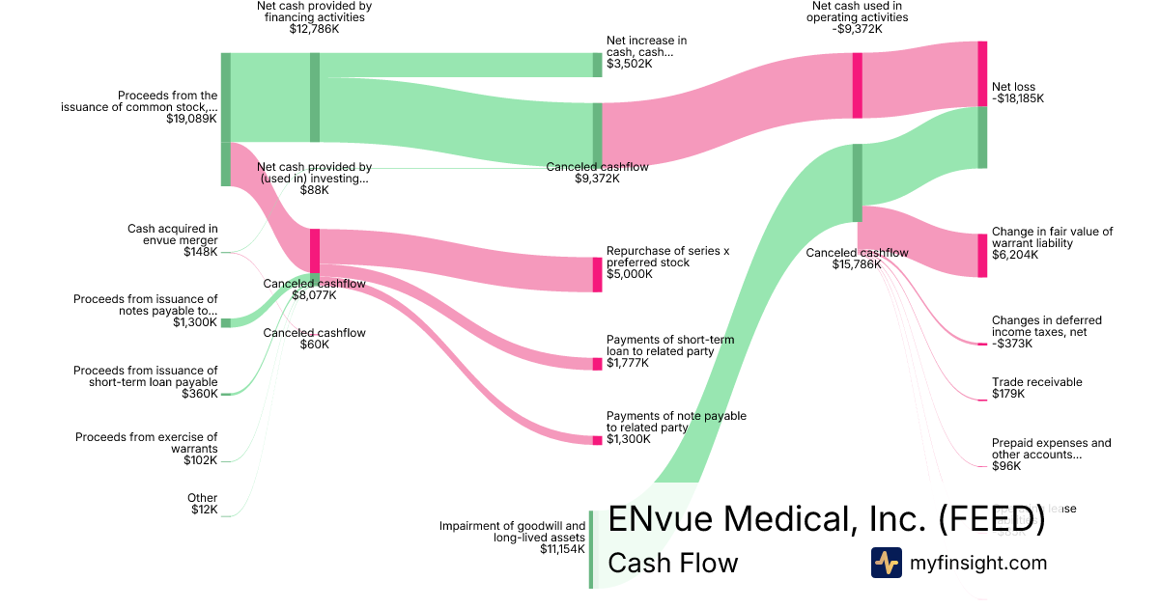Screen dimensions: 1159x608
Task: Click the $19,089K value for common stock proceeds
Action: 191,120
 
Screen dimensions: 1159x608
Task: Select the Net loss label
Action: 1013,87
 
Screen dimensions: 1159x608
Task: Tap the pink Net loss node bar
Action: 982,73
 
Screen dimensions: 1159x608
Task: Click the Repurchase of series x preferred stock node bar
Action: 597,274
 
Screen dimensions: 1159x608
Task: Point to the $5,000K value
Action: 629,274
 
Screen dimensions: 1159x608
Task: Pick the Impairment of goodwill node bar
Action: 591,549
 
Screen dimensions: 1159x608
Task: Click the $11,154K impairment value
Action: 563,549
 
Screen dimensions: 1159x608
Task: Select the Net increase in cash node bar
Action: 597,65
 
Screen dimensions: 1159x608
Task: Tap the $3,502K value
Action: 629,65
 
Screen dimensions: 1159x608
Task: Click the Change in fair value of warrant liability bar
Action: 982,255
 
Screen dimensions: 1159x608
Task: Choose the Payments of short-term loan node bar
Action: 597,364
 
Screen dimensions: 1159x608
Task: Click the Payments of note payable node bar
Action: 597,440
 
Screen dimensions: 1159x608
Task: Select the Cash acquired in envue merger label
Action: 173,235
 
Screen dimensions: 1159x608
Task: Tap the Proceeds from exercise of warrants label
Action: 147,443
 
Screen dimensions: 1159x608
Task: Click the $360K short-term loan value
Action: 199,394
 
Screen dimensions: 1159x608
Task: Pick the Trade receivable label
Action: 1036,382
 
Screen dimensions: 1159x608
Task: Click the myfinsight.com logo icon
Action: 886,563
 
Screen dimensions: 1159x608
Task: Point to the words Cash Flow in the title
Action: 672,563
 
